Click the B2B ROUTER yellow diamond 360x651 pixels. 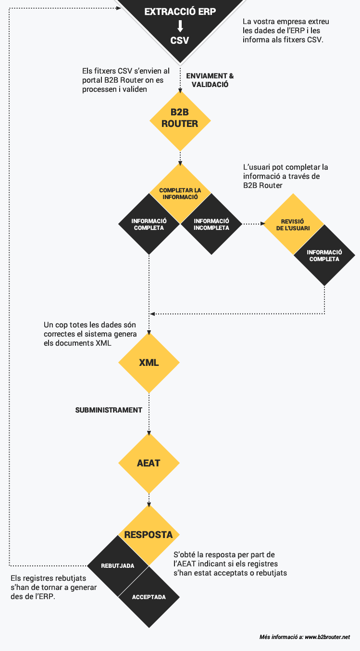[180, 121]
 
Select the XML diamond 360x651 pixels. [149, 363]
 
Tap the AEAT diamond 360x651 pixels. [149, 463]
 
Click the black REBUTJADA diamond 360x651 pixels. [118, 566]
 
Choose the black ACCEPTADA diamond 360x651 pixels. [149, 597]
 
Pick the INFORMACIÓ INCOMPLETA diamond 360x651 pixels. [211, 224]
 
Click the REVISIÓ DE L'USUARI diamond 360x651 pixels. [293, 224]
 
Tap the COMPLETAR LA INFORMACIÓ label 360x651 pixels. [180, 194]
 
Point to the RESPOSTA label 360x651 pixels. [149, 535]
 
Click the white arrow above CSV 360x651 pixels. [180, 26]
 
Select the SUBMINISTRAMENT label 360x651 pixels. [109, 410]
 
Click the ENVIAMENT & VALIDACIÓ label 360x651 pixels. [210, 80]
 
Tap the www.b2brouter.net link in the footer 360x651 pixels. [327, 637]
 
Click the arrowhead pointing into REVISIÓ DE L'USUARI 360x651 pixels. [262, 224]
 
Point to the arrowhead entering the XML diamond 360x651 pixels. [149, 333]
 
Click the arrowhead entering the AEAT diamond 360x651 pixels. [149, 433]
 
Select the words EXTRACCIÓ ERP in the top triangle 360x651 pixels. [180, 12]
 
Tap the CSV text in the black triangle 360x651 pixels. [180, 40]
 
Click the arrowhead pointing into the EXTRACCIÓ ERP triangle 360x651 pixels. [119, 8]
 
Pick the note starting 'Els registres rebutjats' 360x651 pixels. [54, 588]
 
